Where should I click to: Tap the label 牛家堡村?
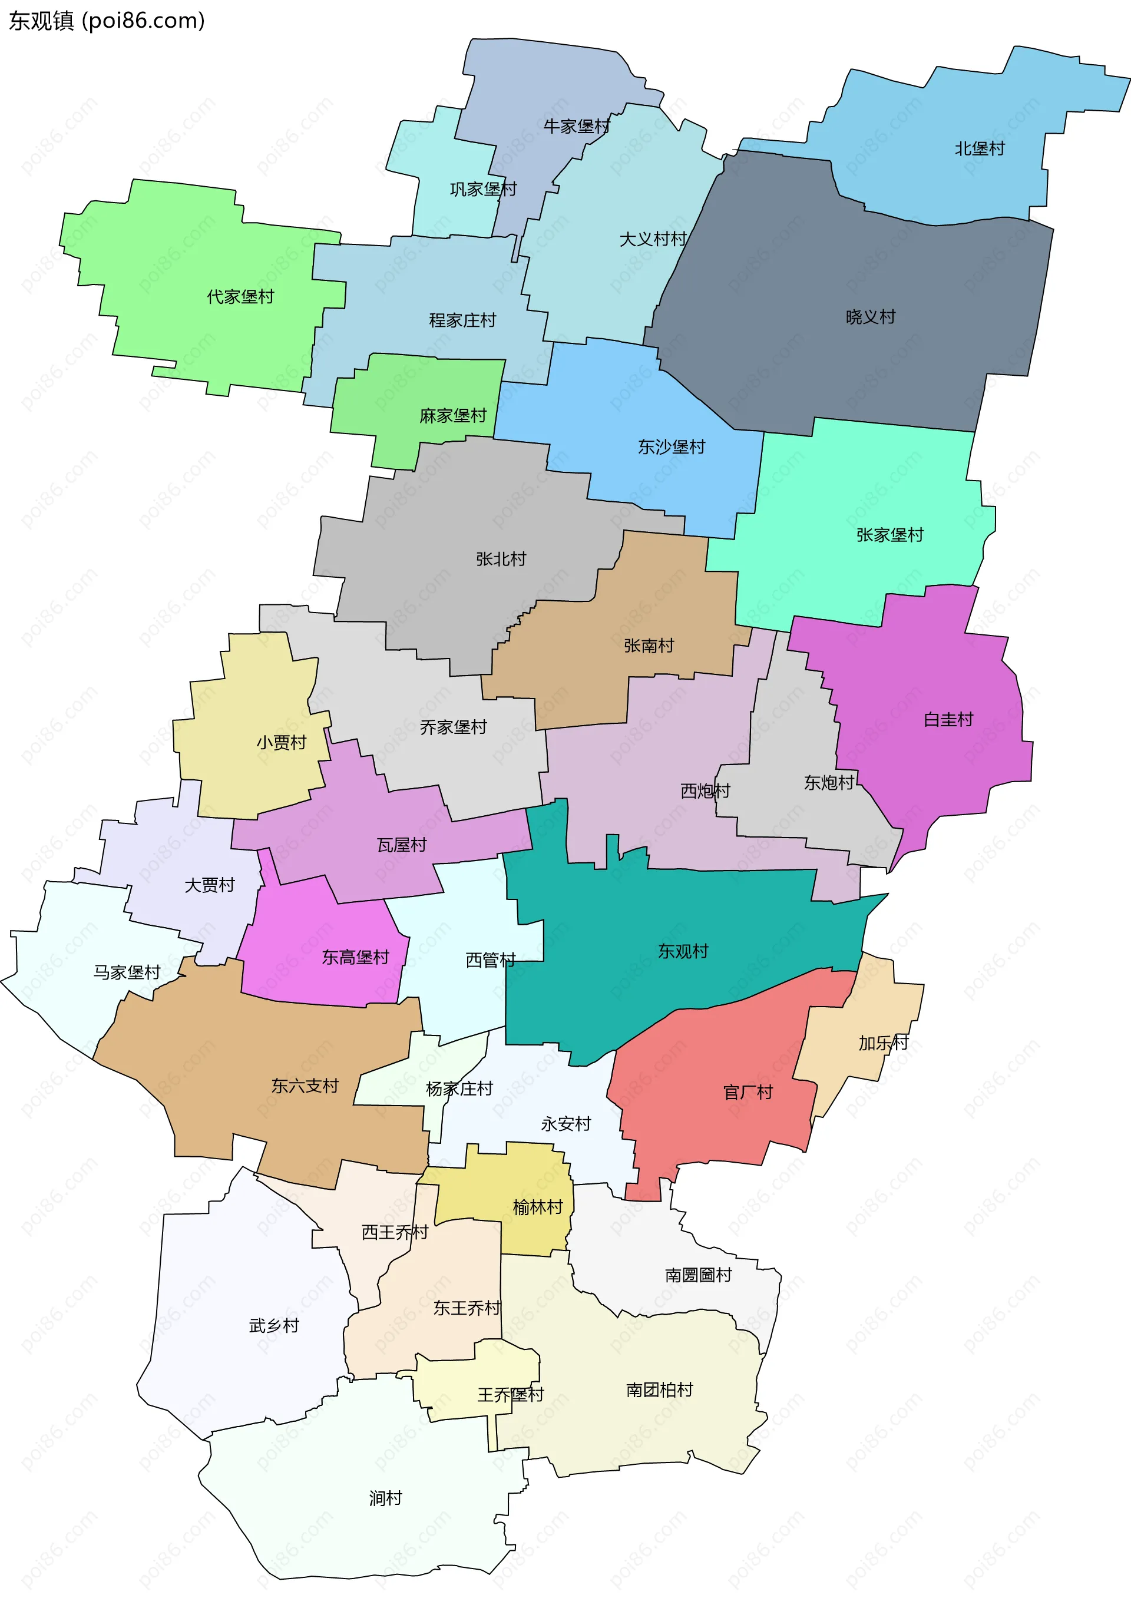pos(577,126)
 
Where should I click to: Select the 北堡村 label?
pos(980,148)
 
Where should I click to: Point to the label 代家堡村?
pos(240,297)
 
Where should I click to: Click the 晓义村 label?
pos(870,317)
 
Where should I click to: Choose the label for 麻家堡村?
pos(453,416)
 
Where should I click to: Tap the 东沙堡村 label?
pos(671,447)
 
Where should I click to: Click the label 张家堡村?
pos(889,535)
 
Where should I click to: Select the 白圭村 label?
pos(948,720)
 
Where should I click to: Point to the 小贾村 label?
pos(281,742)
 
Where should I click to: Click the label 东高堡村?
pos(355,957)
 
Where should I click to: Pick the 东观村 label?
pos(683,951)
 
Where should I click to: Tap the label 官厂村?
pos(748,1092)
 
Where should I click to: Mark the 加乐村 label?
pos(883,1043)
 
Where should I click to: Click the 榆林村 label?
pos(538,1207)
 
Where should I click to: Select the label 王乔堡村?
pos(511,1395)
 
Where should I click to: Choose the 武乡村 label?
pos(274,1325)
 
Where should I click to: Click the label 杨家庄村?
pos(459,1088)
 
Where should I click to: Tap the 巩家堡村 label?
pos(484,189)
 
